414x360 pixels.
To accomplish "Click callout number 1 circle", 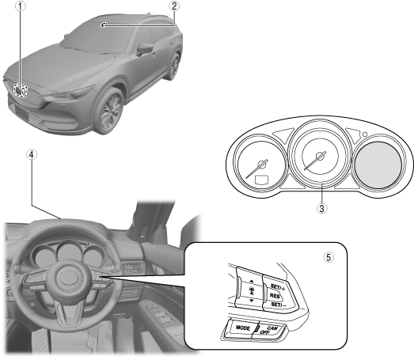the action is (21, 6).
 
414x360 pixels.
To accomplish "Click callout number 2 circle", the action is (174, 6).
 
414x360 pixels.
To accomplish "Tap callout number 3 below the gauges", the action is (321, 208).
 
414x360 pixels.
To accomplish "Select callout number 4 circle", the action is (32, 154).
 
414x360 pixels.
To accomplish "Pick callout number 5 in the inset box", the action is (329, 257).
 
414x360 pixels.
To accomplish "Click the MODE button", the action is (242, 328).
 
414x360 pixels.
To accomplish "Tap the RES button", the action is (275, 296).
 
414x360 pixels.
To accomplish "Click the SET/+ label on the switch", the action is (278, 287).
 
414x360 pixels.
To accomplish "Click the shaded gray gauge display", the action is (378, 165).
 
